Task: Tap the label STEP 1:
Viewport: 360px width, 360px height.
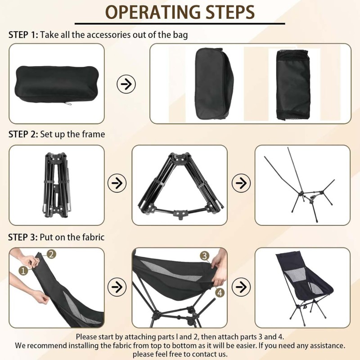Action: point(23,35)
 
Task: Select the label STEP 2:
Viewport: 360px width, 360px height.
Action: point(23,134)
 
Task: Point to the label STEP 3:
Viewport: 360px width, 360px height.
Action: point(23,237)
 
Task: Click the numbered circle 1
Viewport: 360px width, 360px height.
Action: point(23,270)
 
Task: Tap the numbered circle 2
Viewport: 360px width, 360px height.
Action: point(51,254)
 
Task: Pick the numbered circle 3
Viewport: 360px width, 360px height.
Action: point(205,256)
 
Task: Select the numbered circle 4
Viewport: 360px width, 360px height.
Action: point(220,292)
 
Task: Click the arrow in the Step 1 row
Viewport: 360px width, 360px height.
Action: point(126,84)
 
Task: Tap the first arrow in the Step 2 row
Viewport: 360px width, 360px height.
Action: point(117,183)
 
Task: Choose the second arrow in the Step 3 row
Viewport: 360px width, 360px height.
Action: point(241,287)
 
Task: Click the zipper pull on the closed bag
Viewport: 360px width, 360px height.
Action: point(68,104)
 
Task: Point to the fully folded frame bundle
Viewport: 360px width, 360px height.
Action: point(57,184)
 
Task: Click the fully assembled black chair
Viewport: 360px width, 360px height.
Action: point(303,287)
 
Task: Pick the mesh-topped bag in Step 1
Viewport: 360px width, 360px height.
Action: point(293,85)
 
